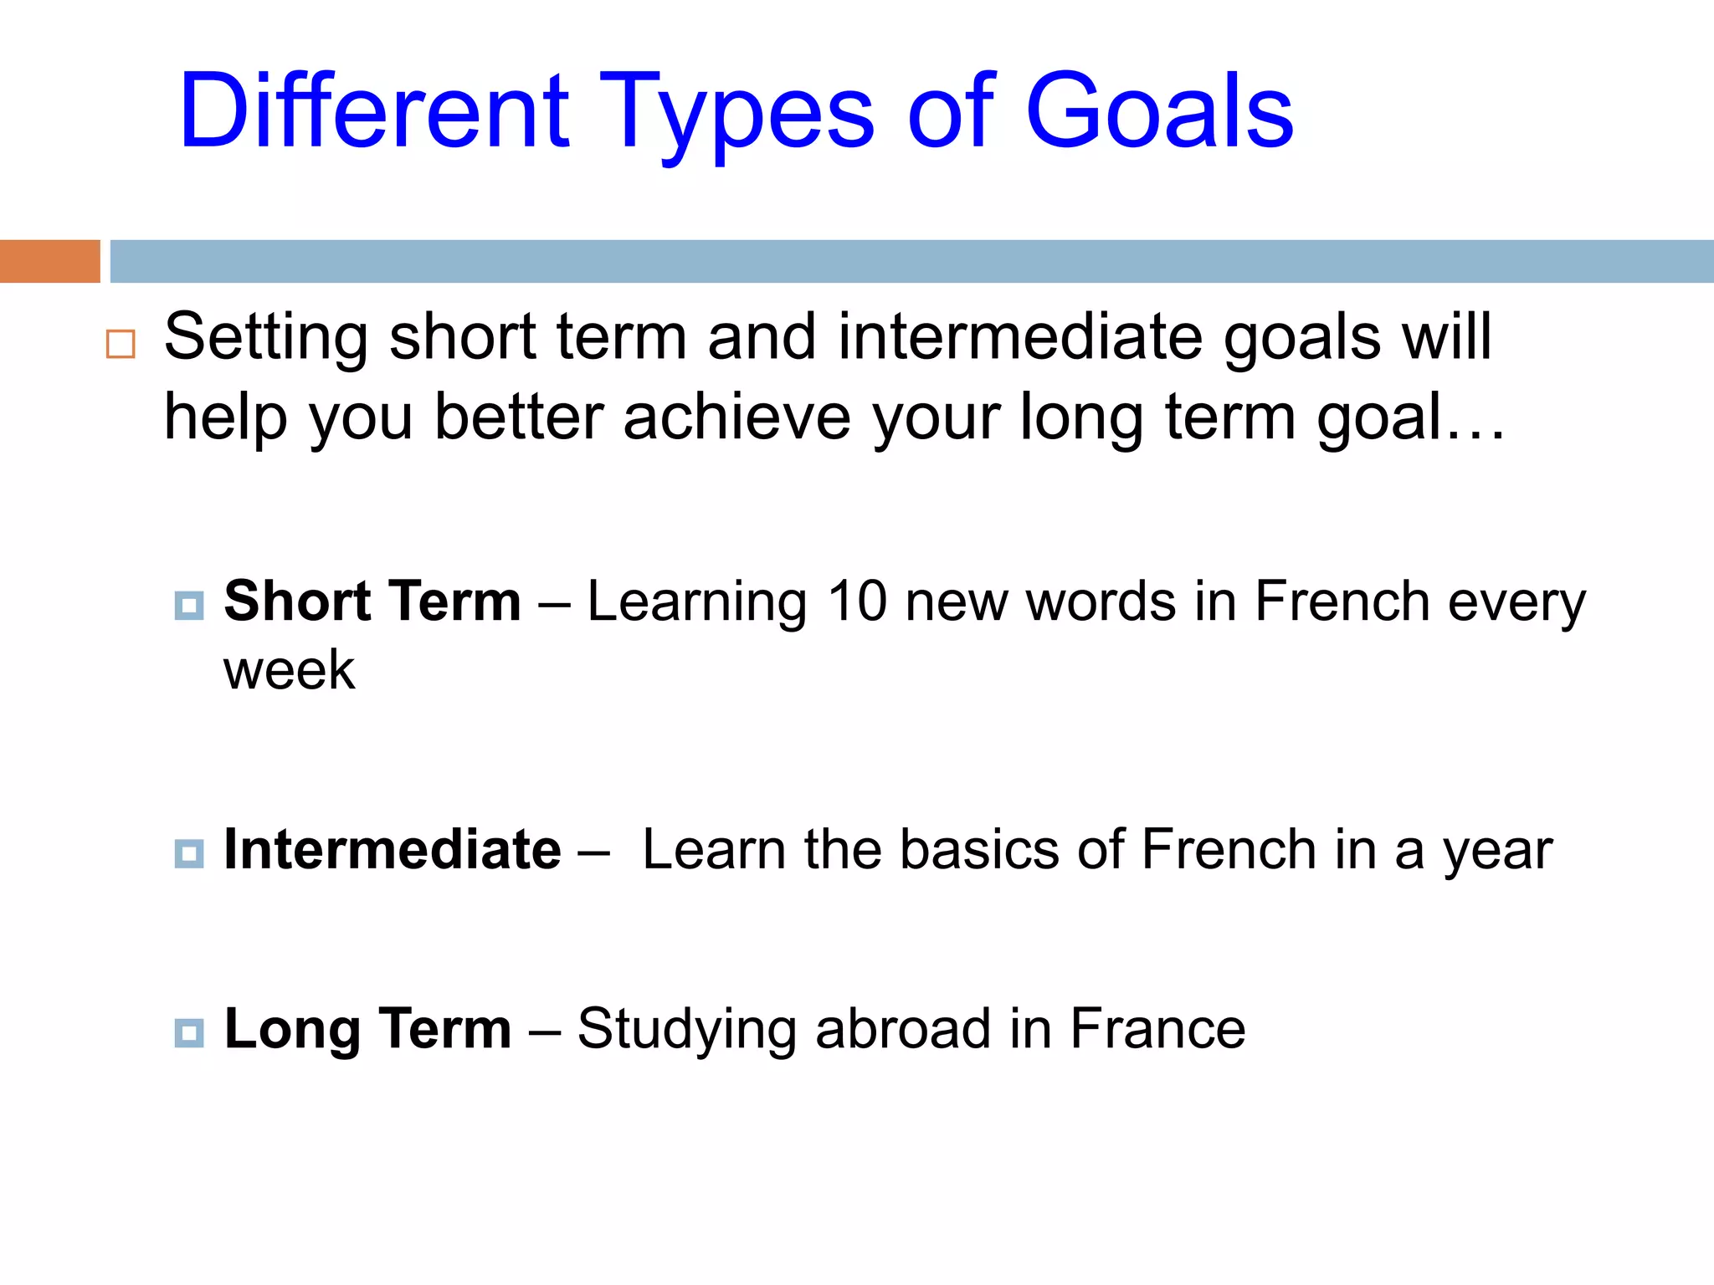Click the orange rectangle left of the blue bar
pyautogui.click(x=49, y=261)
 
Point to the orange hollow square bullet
pyautogui.click(x=121, y=344)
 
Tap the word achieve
pyautogui.click(x=736, y=417)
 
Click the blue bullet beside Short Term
pyautogui.click(x=189, y=605)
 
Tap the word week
pyautogui.click(x=289, y=670)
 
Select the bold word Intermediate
pyautogui.click(x=393, y=849)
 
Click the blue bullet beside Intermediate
pyautogui.click(x=189, y=853)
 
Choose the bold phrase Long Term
pyautogui.click(x=367, y=1028)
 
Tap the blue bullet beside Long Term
pyautogui.click(x=189, y=1032)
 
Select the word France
pyautogui.click(x=1157, y=1028)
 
